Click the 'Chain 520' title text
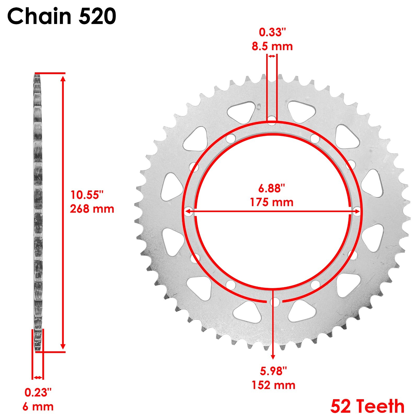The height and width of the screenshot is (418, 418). click(x=62, y=16)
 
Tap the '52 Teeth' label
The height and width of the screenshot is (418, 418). click(x=367, y=407)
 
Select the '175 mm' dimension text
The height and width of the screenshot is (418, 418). click(x=271, y=202)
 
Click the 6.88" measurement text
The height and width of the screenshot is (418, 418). click(x=271, y=188)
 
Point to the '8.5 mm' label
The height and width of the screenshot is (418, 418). click(x=272, y=47)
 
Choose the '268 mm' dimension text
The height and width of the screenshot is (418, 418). click(x=92, y=209)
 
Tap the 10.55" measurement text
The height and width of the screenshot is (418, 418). click(x=87, y=195)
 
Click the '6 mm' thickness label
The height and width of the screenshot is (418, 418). click(x=38, y=407)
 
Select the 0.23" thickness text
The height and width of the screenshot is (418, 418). click(x=38, y=393)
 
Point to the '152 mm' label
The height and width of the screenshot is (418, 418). click(x=273, y=385)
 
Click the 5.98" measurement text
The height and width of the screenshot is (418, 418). click(x=273, y=371)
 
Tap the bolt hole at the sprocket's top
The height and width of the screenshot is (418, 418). click(x=272, y=119)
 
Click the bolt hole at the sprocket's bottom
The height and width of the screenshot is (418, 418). click(x=275, y=303)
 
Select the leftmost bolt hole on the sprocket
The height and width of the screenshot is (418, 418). click(x=189, y=212)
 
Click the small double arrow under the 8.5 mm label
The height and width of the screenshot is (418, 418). click(x=272, y=56)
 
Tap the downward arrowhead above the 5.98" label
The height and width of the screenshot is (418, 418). click(x=273, y=357)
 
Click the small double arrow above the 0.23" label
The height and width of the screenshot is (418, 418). click(x=38, y=378)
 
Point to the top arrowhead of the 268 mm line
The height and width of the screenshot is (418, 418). click(x=63, y=78)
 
